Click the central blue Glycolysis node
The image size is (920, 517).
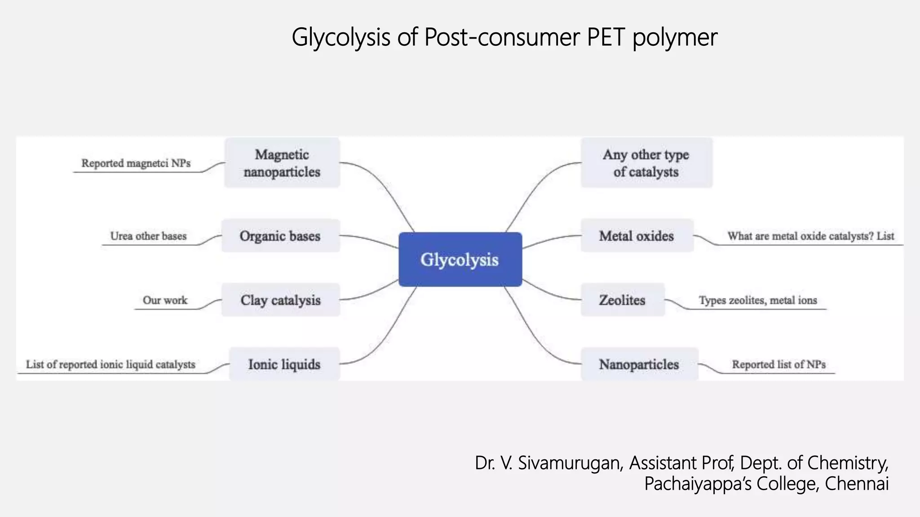[460, 259]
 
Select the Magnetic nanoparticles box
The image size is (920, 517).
[282, 163]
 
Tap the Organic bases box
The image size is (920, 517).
[280, 236]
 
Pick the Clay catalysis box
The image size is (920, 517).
[280, 300]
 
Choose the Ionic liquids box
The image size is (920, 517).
[284, 364]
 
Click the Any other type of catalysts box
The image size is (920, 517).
[646, 163]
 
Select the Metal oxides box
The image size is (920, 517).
[637, 236]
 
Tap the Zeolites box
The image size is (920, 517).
[622, 300]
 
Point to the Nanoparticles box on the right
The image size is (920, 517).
[639, 364]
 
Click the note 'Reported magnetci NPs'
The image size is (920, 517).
[136, 163]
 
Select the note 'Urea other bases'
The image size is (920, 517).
[148, 236]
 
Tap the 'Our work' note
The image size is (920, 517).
[165, 300]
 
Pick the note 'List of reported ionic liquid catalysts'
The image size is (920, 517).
[111, 364]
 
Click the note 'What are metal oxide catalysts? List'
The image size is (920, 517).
[811, 236]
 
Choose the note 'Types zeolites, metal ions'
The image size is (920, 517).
[758, 300]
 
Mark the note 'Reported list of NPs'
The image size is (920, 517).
[778, 364]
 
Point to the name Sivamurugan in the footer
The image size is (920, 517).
[570, 463]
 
